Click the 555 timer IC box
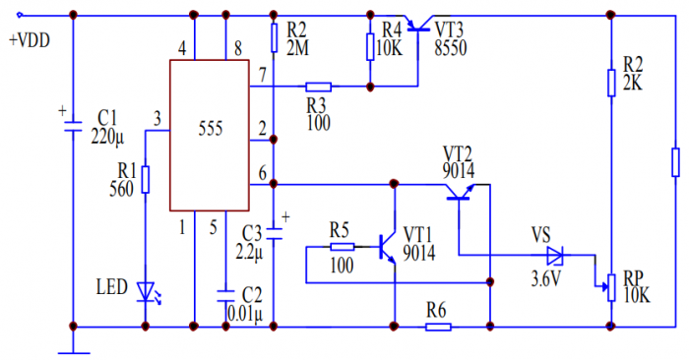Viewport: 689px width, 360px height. (210, 135)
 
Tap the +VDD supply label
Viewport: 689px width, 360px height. (30, 41)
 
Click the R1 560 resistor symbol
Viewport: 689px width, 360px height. (146, 179)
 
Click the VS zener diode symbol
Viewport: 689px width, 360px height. (555, 256)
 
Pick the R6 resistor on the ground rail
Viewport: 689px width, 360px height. (438, 327)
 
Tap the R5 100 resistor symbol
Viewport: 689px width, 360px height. (342, 247)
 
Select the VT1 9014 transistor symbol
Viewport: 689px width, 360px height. (388, 249)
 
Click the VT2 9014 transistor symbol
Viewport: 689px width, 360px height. (460, 192)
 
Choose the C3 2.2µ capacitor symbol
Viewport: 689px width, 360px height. (274, 233)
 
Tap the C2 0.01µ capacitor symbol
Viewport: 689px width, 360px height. (225, 295)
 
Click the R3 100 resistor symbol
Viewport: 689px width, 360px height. (318, 87)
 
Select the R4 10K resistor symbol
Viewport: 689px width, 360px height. (370, 46)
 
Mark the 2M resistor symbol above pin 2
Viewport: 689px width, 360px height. (274, 38)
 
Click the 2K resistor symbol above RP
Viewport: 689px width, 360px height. (611, 82)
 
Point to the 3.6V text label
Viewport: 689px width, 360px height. (545, 279)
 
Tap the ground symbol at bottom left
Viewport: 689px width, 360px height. (74, 352)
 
